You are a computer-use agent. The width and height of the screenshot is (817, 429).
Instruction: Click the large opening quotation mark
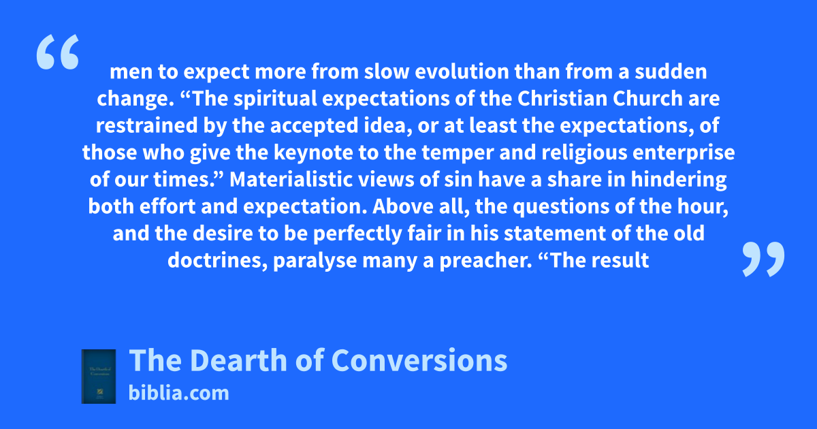(x=58, y=52)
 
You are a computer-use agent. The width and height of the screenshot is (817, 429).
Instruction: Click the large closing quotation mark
(x=763, y=259)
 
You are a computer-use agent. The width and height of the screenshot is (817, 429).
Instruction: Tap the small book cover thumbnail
(x=99, y=377)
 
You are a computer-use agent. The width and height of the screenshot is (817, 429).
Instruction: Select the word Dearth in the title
(x=238, y=360)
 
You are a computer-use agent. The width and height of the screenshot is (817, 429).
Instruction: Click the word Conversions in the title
(x=419, y=360)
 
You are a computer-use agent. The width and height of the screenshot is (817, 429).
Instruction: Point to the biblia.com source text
(x=178, y=394)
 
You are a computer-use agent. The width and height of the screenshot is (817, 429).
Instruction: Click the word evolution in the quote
(x=462, y=71)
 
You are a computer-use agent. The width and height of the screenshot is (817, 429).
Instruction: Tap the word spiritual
(x=275, y=99)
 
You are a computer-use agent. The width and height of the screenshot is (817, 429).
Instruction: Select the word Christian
(x=562, y=99)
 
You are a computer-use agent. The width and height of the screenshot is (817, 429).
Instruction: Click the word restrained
(x=146, y=125)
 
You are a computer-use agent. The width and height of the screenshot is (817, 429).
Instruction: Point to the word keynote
(x=313, y=153)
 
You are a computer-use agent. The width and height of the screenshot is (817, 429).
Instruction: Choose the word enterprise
(x=684, y=153)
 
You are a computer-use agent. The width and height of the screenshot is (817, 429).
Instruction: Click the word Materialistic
(x=291, y=180)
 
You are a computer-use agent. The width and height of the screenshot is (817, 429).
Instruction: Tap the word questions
(x=561, y=206)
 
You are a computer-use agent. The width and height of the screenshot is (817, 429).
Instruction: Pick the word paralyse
(x=315, y=260)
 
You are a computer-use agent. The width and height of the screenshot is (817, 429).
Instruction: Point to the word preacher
(x=486, y=260)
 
